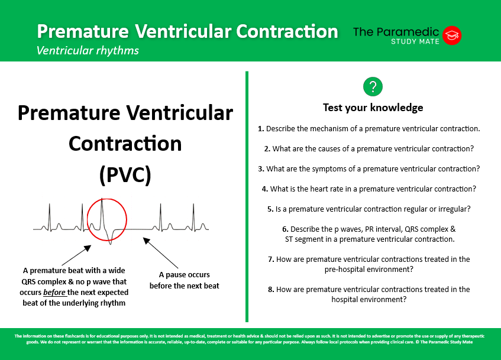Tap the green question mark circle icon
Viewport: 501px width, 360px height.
pyautogui.click(x=373, y=87)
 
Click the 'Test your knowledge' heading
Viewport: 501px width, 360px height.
pyautogui.click(x=373, y=108)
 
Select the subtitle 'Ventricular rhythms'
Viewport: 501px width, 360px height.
pyautogui.click(x=88, y=50)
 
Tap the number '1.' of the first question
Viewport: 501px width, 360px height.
pyautogui.click(x=261, y=128)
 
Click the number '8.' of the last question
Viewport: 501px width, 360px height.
pyautogui.click(x=271, y=289)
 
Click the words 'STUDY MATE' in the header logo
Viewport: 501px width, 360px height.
pyautogui.click(x=414, y=41)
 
